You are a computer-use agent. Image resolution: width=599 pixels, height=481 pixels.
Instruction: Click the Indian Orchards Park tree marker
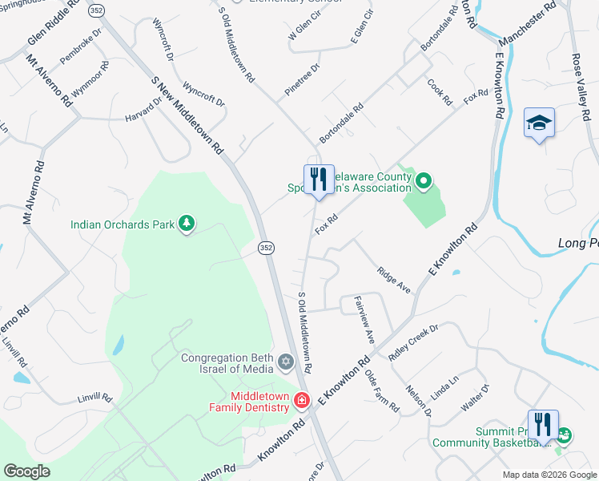click(x=187, y=224)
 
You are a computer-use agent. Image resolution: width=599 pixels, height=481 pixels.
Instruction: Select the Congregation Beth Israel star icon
click(x=285, y=363)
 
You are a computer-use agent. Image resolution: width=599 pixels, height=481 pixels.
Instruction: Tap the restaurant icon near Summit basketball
click(x=542, y=424)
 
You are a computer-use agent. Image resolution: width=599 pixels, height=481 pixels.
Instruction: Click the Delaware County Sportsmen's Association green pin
click(x=424, y=182)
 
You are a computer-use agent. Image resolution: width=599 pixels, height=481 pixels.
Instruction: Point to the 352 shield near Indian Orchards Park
click(x=266, y=249)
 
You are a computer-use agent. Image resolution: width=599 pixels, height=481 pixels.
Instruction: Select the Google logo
click(x=26, y=471)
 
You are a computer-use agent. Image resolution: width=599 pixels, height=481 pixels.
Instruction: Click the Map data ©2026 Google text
click(x=549, y=475)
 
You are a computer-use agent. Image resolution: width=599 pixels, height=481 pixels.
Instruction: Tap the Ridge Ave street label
click(x=394, y=281)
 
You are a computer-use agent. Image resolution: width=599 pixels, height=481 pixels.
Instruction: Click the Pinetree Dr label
click(x=302, y=82)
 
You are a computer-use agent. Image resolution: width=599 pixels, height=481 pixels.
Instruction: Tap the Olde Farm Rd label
click(x=381, y=390)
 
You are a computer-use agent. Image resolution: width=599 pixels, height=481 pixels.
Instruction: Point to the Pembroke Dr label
click(x=81, y=49)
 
